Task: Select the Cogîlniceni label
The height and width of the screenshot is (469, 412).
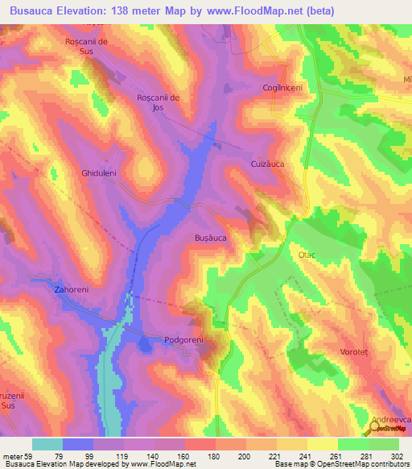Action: click(281, 88)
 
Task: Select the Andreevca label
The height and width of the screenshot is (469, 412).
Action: click(391, 420)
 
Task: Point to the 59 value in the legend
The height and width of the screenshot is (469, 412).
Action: click(27, 455)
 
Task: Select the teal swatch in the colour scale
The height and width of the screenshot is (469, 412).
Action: click(47, 444)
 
